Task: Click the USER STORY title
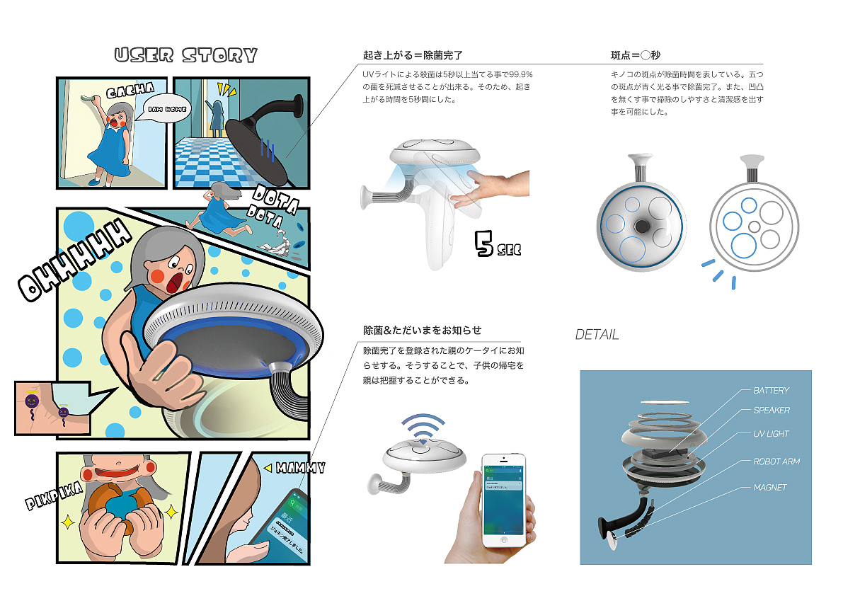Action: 185,55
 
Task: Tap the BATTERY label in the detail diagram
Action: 771,391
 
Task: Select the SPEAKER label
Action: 771,411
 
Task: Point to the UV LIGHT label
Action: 771,434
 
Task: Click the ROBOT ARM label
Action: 776,462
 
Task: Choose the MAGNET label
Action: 769,488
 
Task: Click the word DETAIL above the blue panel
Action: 597,335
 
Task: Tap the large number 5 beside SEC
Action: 486,243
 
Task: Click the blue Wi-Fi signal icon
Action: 423,429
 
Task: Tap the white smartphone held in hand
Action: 505,499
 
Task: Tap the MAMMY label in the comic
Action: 300,468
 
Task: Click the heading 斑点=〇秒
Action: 636,55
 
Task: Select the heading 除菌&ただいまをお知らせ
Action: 422,331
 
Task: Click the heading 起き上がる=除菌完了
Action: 412,55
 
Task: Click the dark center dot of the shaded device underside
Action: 643,225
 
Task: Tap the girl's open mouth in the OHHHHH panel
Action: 173,281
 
